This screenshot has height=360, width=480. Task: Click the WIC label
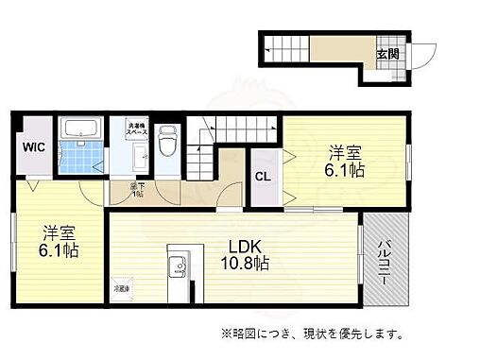[33, 146]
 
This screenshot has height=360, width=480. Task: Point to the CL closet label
[262, 175]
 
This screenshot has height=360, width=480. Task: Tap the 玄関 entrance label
[388, 53]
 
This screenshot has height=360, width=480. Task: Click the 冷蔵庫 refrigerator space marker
[123, 288]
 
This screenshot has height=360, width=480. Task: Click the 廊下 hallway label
[138, 190]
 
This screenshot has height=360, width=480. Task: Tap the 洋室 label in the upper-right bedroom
[345, 151]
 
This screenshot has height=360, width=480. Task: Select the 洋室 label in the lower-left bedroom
[58, 232]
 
